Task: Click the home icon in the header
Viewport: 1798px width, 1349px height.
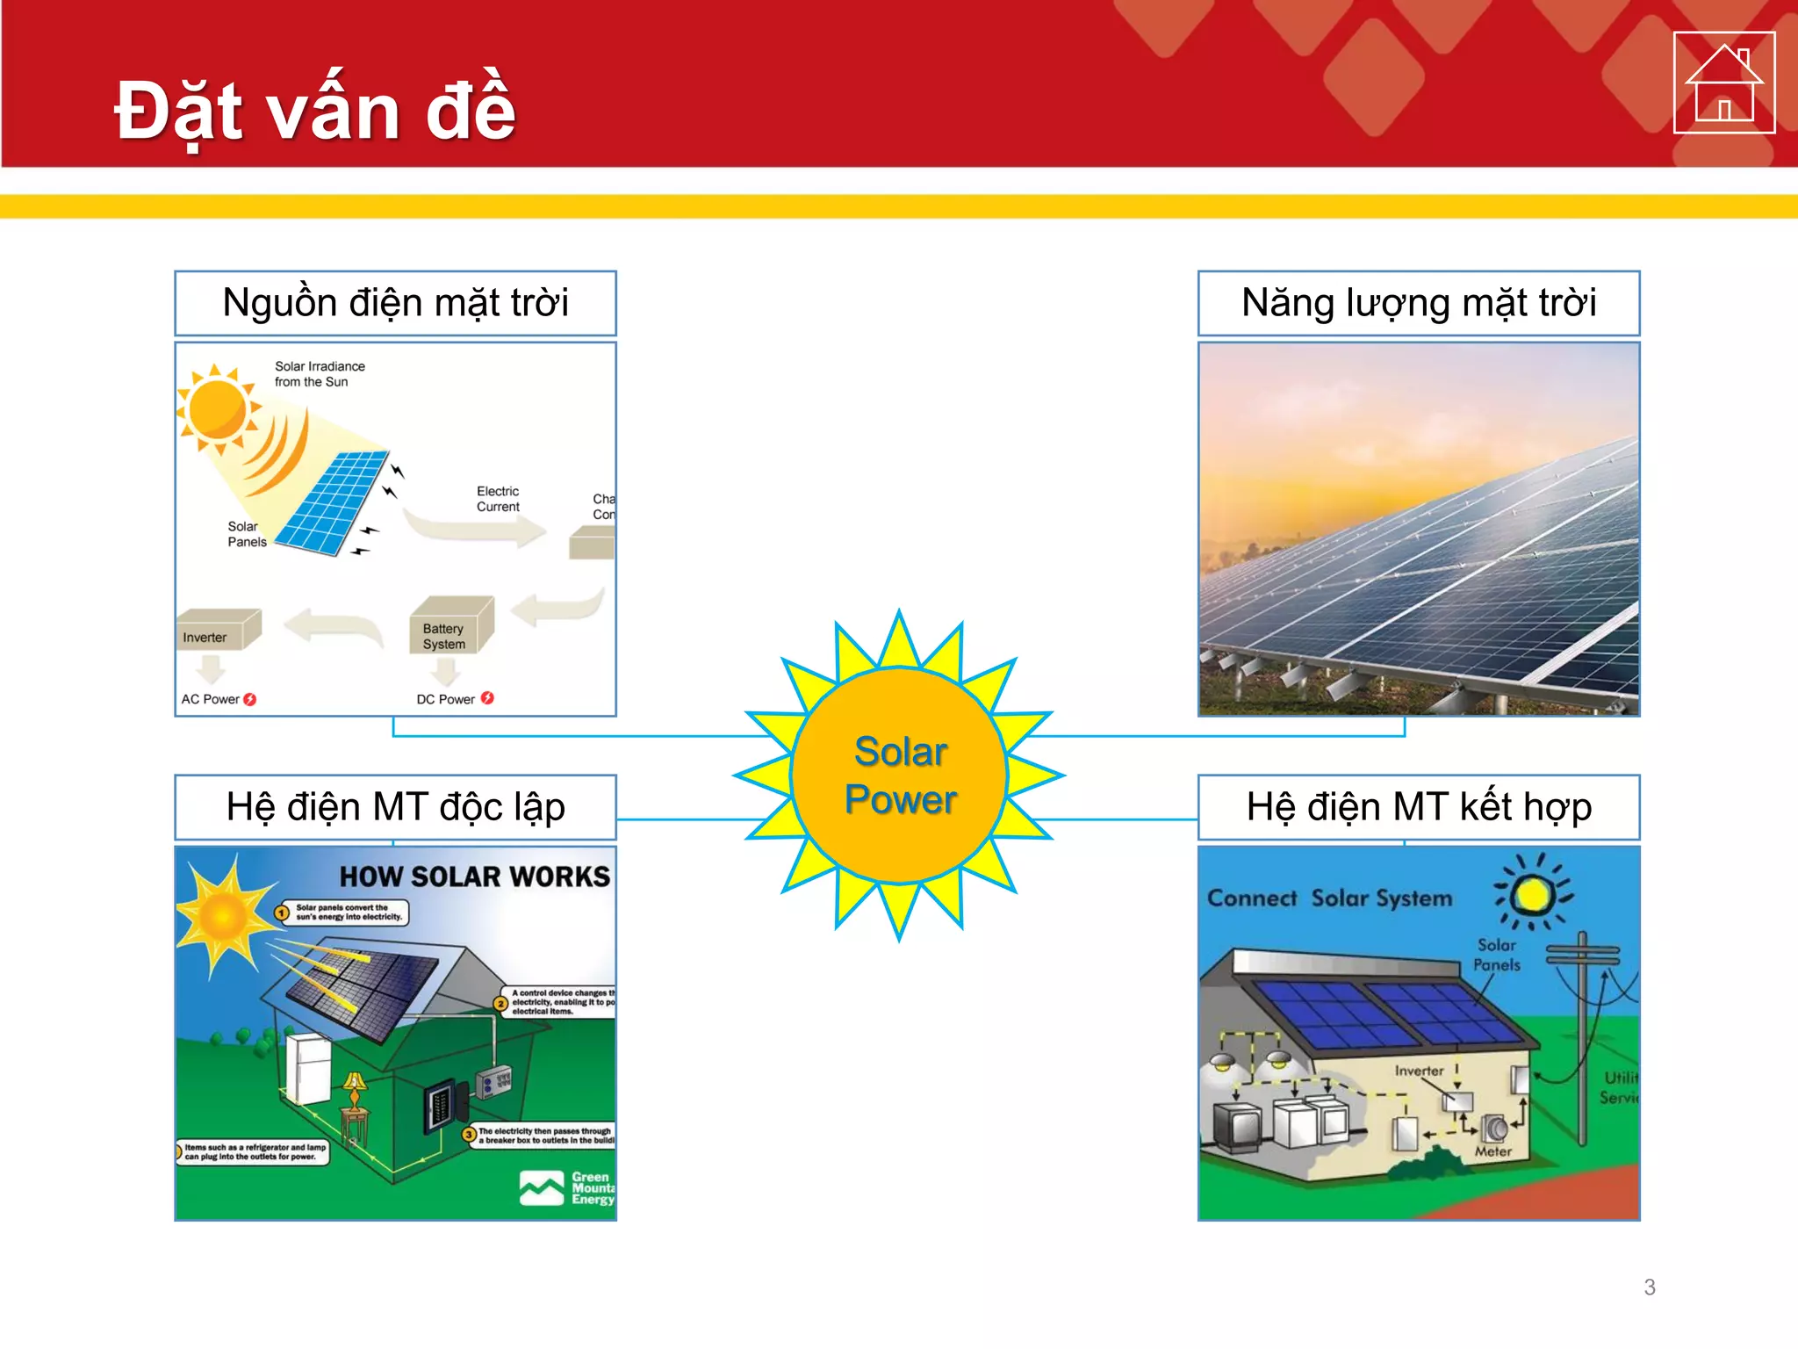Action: coord(1723,83)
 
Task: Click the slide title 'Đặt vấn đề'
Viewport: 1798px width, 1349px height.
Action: coord(315,112)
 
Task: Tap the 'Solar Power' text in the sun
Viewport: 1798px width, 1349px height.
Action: coord(900,775)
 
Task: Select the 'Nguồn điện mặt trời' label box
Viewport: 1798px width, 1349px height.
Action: coord(395,303)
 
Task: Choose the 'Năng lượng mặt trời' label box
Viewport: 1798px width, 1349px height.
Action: coord(1418,303)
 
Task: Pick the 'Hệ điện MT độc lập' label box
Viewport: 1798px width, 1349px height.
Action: coord(395,807)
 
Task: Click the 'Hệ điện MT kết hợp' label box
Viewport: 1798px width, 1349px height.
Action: coord(1418,807)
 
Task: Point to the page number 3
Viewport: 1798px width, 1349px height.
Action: coord(1650,1288)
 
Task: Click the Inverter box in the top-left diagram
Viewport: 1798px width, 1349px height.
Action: coord(219,630)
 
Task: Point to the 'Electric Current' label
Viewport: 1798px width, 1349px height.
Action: coord(498,499)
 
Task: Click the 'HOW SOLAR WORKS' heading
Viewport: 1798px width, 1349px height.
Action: coord(474,876)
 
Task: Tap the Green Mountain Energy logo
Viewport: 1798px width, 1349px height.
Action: coord(567,1188)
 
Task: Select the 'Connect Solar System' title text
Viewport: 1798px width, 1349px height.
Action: coord(1329,898)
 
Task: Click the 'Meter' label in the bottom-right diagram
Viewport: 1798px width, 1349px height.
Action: coord(1492,1151)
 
